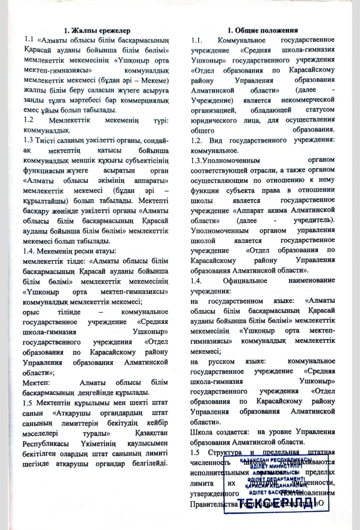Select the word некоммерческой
pyautogui.click(x=309, y=100)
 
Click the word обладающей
pyautogui.click(x=270, y=110)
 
